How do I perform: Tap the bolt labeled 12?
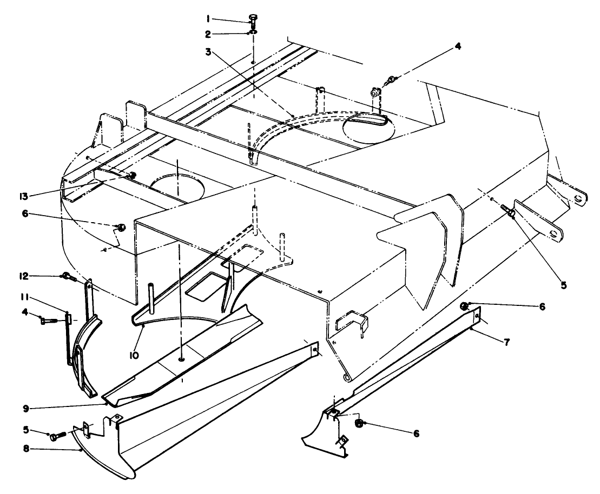pos(68,277)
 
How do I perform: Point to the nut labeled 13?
pos(131,175)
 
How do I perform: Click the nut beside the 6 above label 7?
pos(464,306)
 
